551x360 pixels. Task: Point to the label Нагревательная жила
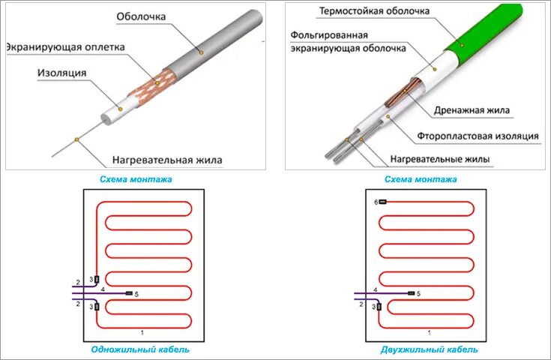tap(167, 160)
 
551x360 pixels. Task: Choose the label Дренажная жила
tap(472, 110)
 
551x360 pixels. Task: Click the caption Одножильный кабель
tap(140, 349)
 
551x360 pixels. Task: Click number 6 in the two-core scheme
tap(375, 202)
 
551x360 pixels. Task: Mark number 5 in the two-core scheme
tap(418, 293)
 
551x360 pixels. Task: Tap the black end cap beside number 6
tap(382, 202)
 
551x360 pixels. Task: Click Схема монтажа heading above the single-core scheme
tap(136, 179)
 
